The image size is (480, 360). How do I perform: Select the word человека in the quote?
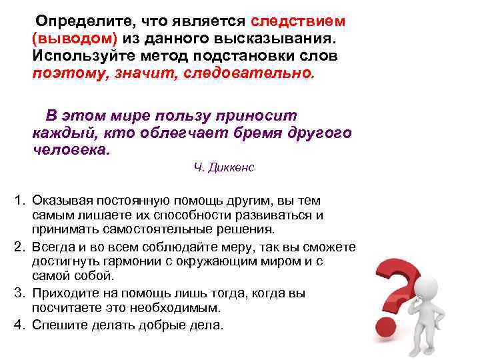coord(69,149)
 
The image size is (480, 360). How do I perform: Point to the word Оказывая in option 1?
coord(60,201)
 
